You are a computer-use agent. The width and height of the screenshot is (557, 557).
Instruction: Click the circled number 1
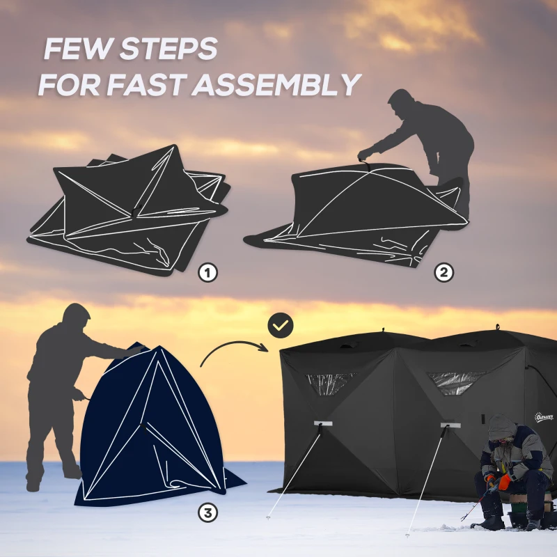[207, 273]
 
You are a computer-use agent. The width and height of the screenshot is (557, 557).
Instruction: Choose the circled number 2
[444, 273]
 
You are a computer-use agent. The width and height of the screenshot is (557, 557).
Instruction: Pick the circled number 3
[207, 513]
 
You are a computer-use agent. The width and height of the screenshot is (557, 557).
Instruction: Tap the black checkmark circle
[281, 324]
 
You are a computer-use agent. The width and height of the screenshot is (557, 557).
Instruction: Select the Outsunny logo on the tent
[542, 416]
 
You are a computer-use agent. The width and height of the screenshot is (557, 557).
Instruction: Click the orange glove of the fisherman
[503, 481]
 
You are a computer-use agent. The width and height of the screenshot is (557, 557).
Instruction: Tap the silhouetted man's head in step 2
[402, 104]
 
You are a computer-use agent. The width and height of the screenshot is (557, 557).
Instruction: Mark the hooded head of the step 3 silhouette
[74, 318]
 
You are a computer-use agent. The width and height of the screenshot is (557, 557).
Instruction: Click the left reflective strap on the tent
[322, 423]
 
